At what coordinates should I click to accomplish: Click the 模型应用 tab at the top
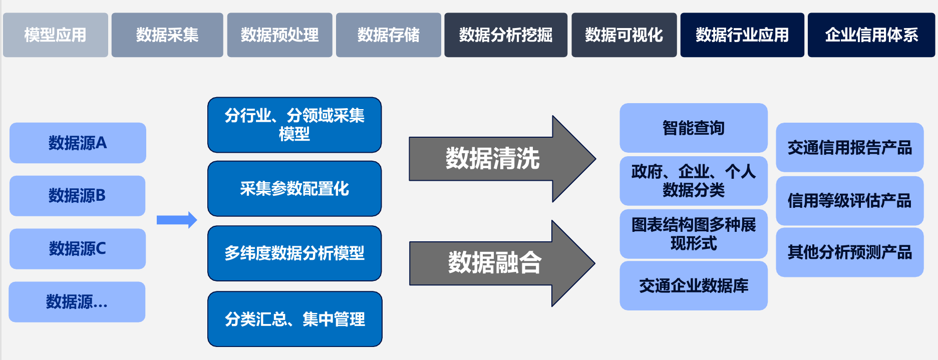pyautogui.click(x=56, y=35)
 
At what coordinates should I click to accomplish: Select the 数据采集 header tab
pyautogui.click(x=167, y=35)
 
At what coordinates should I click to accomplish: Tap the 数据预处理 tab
pyautogui.click(x=279, y=35)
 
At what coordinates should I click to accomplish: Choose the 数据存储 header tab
pyautogui.click(x=389, y=35)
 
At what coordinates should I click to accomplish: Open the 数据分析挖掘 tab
pyautogui.click(x=506, y=35)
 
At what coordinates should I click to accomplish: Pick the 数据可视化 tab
pyautogui.click(x=624, y=35)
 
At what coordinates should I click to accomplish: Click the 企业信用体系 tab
pyautogui.click(x=871, y=35)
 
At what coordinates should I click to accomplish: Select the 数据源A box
pyautogui.click(x=78, y=143)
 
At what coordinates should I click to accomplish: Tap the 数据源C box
pyautogui.click(x=78, y=249)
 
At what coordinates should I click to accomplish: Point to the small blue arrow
pyautogui.click(x=177, y=220)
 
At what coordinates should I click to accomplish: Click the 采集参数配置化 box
pyautogui.click(x=294, y=189)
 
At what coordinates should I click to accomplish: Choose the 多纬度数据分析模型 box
pyautogui.click(x=294, y=253)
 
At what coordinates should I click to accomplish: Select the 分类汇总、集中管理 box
pyautogui.click(x=295, y=319)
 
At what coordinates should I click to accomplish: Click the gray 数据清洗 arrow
pyautogui.click(x=502, y=159)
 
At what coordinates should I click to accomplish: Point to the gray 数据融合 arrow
pyautogui.click(x=502, y=263)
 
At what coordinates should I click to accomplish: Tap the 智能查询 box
pyautogui.click(x=694, y=128)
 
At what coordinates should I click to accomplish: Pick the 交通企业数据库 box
pyautogui.click(x=694, y=286)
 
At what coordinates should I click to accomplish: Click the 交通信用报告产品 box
pyautogui.click(x=850, y=148)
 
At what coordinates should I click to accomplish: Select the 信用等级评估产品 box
pyautogui.click(x=850, y=201)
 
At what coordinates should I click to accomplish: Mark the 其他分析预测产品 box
pyautogui.click(x=850, y=252)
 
